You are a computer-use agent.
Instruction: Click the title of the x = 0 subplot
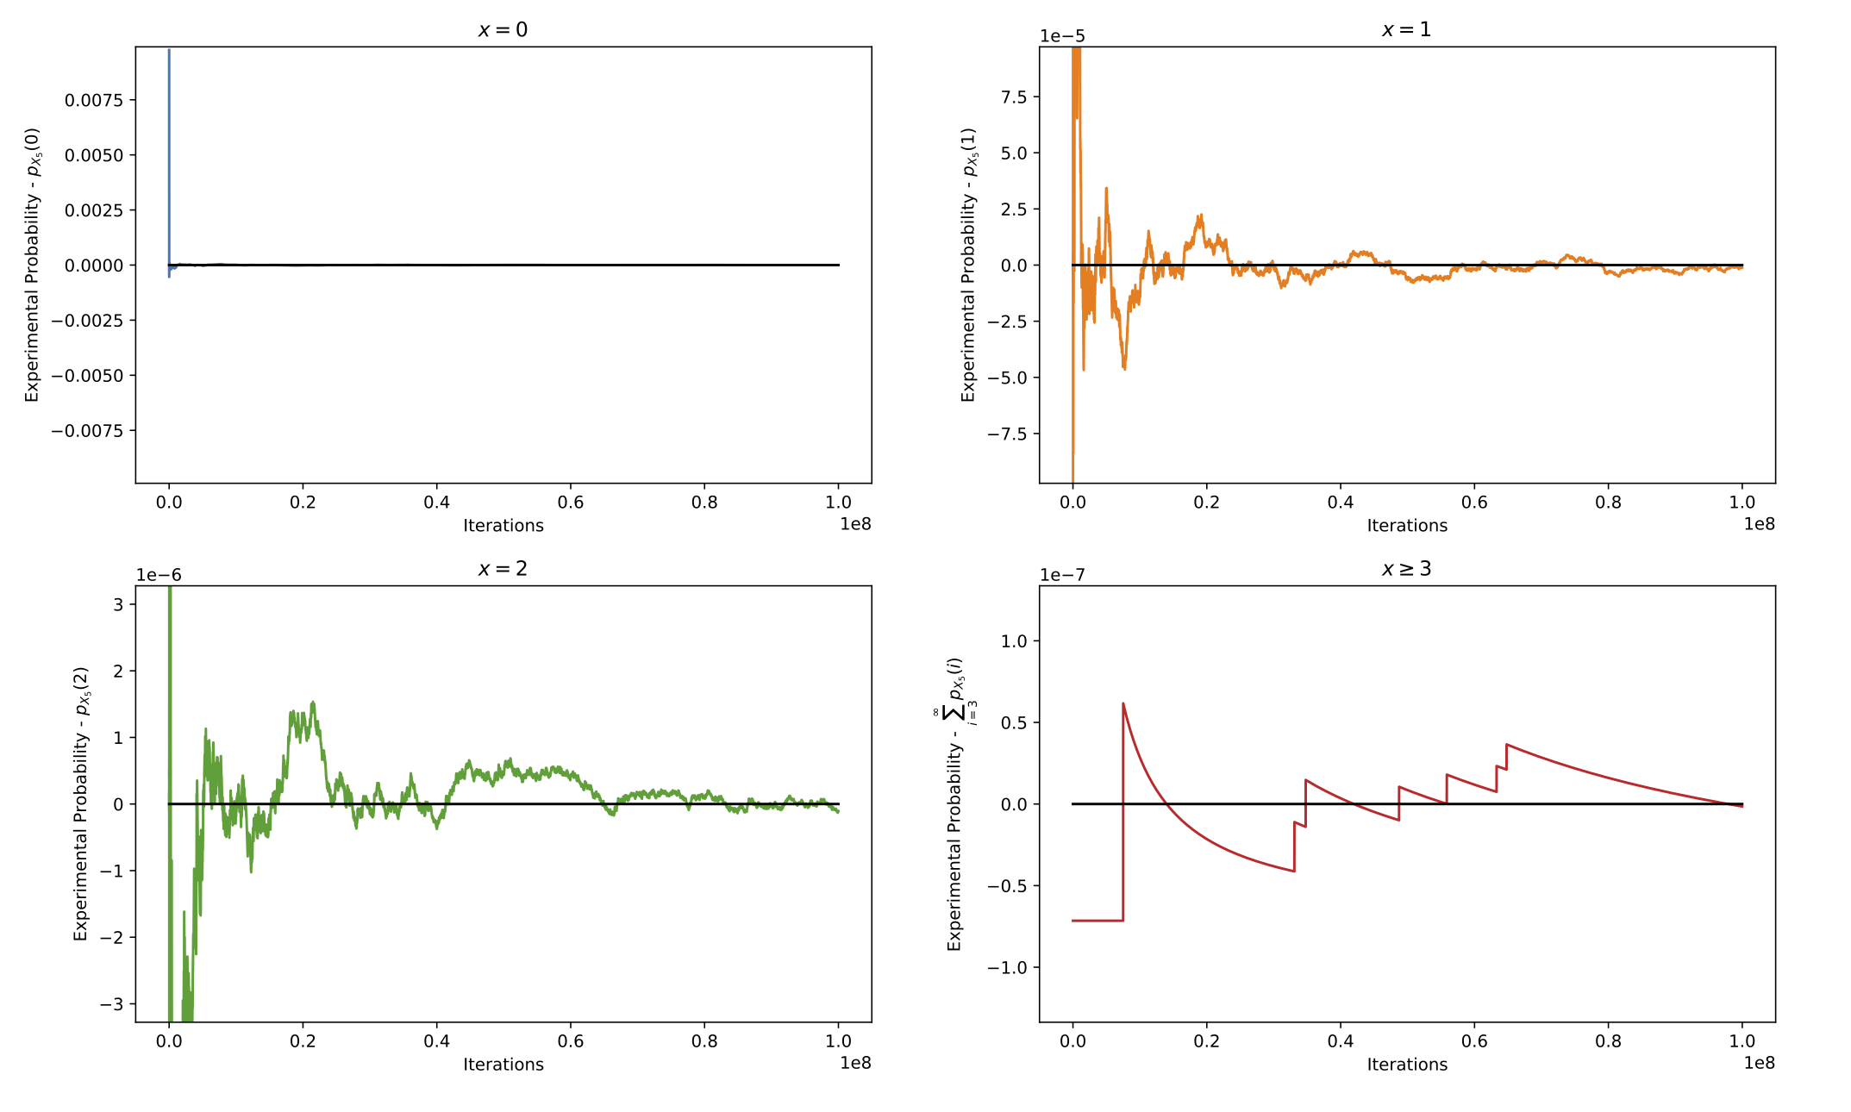(x=503, y=30)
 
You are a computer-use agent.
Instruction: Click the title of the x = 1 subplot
(x=1406, y=30)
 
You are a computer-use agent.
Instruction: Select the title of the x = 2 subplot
(x=503, y=569)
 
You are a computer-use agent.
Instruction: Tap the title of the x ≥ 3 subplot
(x=1406, y=569)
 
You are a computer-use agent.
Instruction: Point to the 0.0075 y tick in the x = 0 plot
(x=94, y=100)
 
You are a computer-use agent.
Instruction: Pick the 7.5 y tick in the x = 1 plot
(x=1014, y=97)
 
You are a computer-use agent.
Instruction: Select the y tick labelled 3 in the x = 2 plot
(x=119, y=604)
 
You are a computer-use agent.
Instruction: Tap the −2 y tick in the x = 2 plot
(x=112, y=937)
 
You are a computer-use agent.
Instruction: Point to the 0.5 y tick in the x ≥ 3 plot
(x=1014, y=722)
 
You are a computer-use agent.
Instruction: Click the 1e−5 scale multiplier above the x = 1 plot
(x=1062, y=36)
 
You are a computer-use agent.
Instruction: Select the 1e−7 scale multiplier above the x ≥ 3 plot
(x=1062, y=575)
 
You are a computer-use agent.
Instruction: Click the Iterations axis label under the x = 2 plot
(x=503, y=1065)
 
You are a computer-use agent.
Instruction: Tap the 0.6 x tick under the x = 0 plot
(x=571, y=503)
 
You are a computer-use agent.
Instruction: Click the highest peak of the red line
(x=1122, y=703)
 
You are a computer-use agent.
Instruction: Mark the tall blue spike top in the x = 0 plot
(x=169, y=50)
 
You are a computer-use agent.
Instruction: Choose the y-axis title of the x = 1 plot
(x=969, y=265)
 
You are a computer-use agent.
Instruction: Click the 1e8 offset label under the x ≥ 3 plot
(x=1760, y=1063)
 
